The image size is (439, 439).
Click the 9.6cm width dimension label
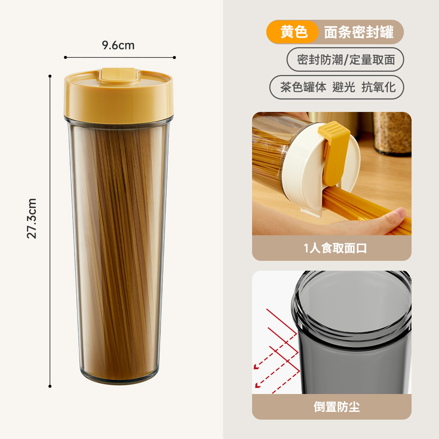coord(118,45)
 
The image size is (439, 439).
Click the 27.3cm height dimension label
coord(32,218)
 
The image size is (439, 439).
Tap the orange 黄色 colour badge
coord(293,32)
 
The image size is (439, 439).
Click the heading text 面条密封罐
coord(359,32)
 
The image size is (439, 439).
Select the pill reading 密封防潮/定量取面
coord(345,59)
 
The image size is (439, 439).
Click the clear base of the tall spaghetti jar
coord(119,377)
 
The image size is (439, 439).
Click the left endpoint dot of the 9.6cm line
coord(65,57)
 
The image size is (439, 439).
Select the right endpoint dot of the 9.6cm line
coord(175,57)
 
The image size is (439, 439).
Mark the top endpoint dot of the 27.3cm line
coord(50,76)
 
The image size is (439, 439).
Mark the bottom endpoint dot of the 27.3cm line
coord(50,386)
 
